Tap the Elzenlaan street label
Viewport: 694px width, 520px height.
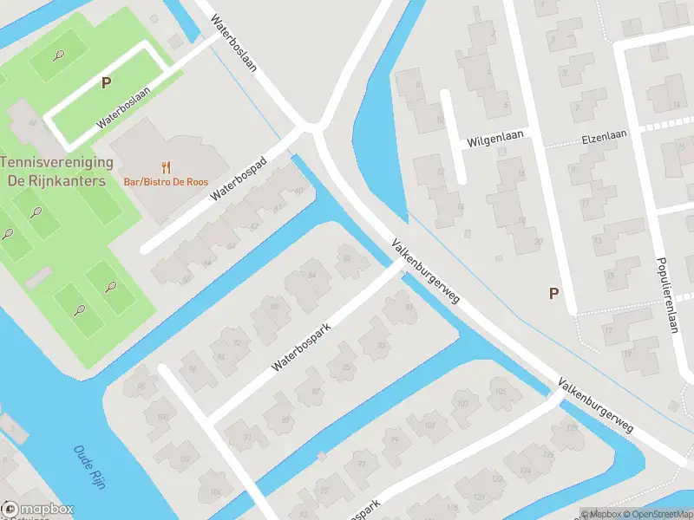point(604,136)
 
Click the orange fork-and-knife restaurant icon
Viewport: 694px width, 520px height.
point(166,166)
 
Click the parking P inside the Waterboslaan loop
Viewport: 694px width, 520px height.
point(106,83)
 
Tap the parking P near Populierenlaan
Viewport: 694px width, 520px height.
point(553,293)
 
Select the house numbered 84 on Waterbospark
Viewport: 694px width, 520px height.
point(310,276)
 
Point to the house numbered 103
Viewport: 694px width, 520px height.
point(462,402)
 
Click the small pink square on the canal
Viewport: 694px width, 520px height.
point(321,455)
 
